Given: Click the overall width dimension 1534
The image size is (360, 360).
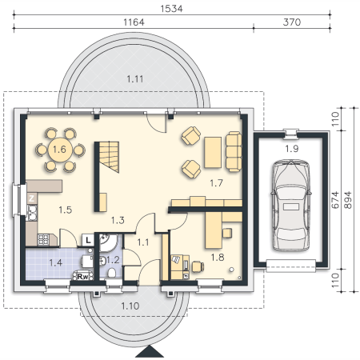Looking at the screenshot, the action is pos(171,9).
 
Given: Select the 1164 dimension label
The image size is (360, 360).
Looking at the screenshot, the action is pos(134,22).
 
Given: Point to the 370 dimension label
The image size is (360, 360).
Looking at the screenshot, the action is pos(292,22).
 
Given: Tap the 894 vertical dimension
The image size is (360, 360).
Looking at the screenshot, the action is pos(348,200).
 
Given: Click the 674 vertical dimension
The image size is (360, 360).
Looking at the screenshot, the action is pos(335,200).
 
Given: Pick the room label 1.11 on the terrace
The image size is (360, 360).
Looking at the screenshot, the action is pos(135,79).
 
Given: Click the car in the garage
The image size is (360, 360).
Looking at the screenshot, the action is pos(291,206).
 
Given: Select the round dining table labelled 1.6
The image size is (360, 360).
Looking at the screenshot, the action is pos(60,150).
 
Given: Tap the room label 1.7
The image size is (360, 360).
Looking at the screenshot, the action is pos(216,183).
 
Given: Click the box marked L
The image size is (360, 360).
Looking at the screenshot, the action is pos(88,240).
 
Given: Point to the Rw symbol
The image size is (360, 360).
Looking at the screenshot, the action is pos(83,276).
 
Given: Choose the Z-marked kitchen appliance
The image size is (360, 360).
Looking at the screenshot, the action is pos(32,198).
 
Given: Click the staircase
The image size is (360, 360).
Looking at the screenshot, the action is pos(109,157).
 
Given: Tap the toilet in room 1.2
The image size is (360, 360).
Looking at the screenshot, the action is pos(111,273).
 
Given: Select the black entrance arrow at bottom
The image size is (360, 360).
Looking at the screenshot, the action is pos(150,351).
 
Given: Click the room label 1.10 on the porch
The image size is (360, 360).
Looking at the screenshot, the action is pos(130,306).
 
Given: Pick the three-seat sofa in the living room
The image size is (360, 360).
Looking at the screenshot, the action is pos(234,151).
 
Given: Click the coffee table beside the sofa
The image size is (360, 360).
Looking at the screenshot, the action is pos(213,153).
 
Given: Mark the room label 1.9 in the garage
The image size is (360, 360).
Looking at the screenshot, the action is pos(291,149).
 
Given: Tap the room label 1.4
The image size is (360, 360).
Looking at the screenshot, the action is pos(56,262).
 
